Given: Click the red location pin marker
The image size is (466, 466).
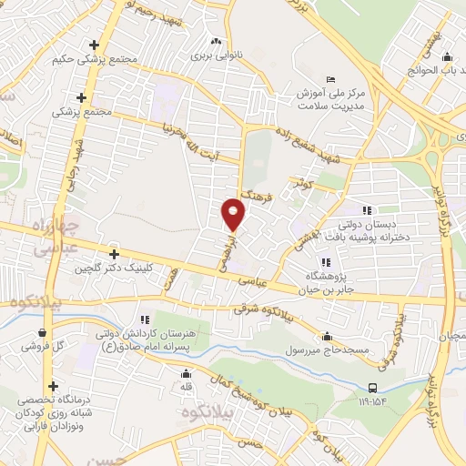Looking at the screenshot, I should [234, 215].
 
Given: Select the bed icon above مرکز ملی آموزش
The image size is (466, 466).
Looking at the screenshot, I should [330, 79].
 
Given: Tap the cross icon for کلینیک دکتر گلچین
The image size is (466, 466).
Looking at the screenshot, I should [114, 254].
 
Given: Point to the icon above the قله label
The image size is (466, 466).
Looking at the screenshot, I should [186, 372].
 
